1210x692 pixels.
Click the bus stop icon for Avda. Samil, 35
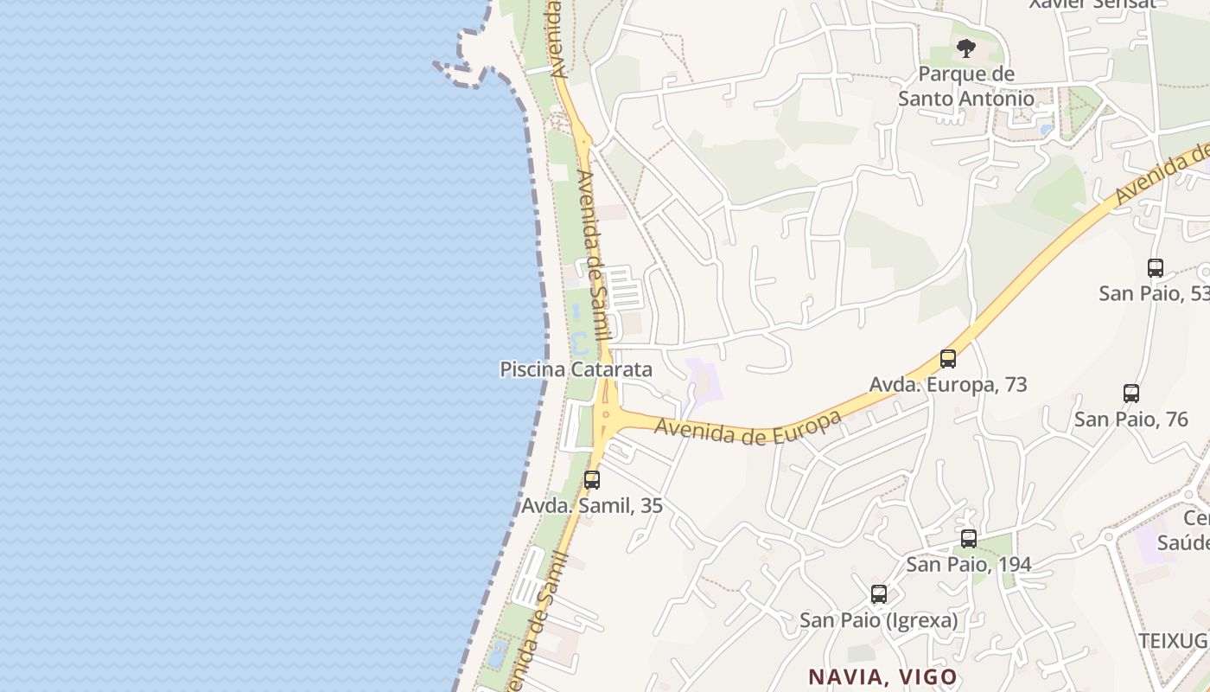pyautogui.click(x=592, y=479)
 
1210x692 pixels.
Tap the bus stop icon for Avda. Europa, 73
pyautogui.click(x=948, y=358)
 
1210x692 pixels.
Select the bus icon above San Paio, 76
pyautogui.click(x=1131, y=394)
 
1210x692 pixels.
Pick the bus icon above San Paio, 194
pyautogui.click(x=969, y=538)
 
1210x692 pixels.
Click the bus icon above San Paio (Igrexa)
pyautogui.click(x=879, y=594)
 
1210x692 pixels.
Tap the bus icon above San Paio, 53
pyautogui.click(x=1156, y=267)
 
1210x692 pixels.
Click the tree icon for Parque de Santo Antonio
pyautogui.click(x=965, y=48)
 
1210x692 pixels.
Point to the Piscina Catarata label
pyautogui.click(x=576, y=369)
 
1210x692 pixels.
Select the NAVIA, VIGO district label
pyautogui.click(x=882, y=676)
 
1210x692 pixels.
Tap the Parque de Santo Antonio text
pyautogui.click(x=966, y=86)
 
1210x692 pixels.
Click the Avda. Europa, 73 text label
pyautogui.click(x=948, y=384)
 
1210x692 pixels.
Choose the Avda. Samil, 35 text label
pyautogui.click(x=592, y=505)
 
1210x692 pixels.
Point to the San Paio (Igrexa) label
pyautogui.click(x=878, y=620)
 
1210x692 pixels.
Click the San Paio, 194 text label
pyautogui.click(x=969, y=564)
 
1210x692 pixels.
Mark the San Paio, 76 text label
pyautogui.click(x=1131, y=420)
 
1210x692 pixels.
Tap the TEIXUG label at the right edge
pyautogui.click(x=1173, y=640)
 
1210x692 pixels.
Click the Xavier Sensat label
pyautogui.click(x=1092, y=4)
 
